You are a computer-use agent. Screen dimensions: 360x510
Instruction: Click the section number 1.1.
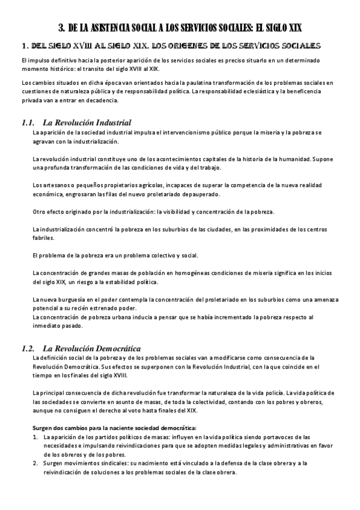[x=28, y=123]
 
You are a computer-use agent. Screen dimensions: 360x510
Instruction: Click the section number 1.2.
[x=28, y=349]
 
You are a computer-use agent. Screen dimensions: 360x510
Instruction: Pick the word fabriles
[x=42, y=238]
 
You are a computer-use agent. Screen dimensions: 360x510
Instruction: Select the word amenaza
[x=325, y=300]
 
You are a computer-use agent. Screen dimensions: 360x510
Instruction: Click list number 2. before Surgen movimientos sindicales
[x=36, y=463]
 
